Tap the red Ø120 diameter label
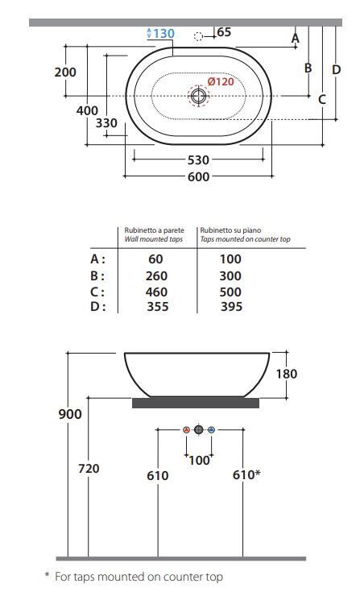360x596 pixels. [x=221, y=81]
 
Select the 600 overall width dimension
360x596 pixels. [x=198, y=176]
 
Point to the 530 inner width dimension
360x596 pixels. [x=198, y=160]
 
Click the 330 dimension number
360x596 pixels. [x=106, y=123]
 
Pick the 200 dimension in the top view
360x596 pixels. [x=65, y=72]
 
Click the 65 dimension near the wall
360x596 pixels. [x=224, y=32]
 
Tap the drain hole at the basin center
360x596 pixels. [x=198, y=96]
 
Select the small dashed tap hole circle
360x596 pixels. [x=198, y=36]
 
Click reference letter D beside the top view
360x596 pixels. [x=337, y=69]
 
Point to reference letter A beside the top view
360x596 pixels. [x=296, y=38]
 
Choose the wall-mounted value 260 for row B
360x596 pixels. [x=156, y=276]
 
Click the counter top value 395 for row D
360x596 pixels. [x=231, y=306]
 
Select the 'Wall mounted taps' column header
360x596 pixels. [x=154, y=239]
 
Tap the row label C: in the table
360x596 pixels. [x=97, y=292]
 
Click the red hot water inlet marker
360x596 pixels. [x=186, y=430]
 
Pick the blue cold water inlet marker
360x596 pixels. [x=212, y=430]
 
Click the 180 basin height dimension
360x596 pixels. [x=287, y=374]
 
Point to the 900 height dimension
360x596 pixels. [x=70, y=414]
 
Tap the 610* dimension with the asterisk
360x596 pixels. [x=246, y=474]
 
